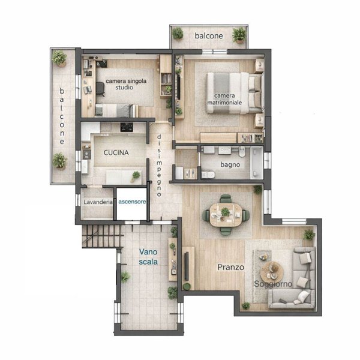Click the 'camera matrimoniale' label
point(224,99)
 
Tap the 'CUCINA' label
point(116,152)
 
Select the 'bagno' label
point(230,164)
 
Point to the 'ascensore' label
point(132,202)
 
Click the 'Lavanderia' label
point(98,202)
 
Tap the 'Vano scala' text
point(148,257)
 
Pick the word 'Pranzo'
point(231,267)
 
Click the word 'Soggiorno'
point(273,284)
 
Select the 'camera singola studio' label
point(126,84)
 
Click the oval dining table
point(226,215)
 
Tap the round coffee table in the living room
point(272,272)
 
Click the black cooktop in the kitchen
point(127,127)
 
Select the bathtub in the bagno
point(257,163)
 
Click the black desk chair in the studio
point(100,89)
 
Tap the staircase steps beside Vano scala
point(102,236)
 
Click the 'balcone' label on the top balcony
point(209,36)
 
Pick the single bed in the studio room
point(116,110)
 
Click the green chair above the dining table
point(226,199)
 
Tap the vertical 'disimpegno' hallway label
point(159,166)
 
